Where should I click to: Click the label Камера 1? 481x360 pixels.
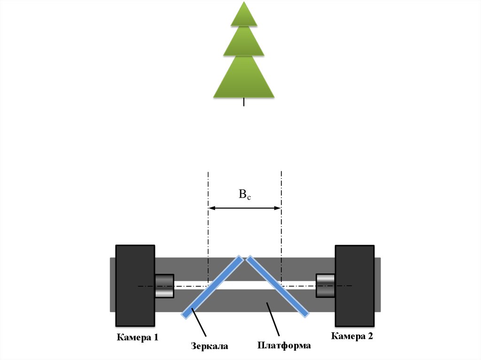[x=138, y=337]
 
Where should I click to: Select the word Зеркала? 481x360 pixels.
[x=209, y=346]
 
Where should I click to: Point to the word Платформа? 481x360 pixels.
[x=284, y=346]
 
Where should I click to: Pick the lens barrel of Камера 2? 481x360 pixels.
[x=325, y=285]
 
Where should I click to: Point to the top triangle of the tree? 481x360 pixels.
[x=244, y=15]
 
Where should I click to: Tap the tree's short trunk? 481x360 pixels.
[x=244, y=102]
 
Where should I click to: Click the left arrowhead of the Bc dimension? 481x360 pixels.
[x=211, y=208]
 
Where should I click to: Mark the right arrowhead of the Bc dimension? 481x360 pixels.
[x=278, y=208]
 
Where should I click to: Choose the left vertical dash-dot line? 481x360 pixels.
[x=208, y=225]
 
